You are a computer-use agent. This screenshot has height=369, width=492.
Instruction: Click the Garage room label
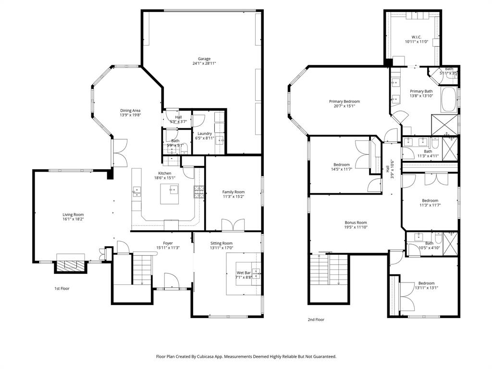pos(204,59)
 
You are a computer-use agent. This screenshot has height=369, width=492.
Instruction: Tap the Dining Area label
pos(130,111)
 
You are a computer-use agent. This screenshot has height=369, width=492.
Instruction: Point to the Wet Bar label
pos(244,272)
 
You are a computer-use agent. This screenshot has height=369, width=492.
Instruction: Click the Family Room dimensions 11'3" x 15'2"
pos(234,197)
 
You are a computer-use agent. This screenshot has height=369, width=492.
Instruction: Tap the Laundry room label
pos(204,134)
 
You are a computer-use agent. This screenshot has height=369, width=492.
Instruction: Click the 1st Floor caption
pos(61,288)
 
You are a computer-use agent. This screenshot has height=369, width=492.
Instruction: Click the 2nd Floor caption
pos(316,319)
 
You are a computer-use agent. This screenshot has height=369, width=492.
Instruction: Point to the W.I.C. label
pos(417,37)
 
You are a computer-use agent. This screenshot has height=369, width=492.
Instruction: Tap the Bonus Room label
pos(356,222)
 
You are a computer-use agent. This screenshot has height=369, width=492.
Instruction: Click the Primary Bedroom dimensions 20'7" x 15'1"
pos(344,107)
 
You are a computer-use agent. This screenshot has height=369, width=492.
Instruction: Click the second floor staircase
pos(329,270)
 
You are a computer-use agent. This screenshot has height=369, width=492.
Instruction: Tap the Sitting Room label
pos(221,243)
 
